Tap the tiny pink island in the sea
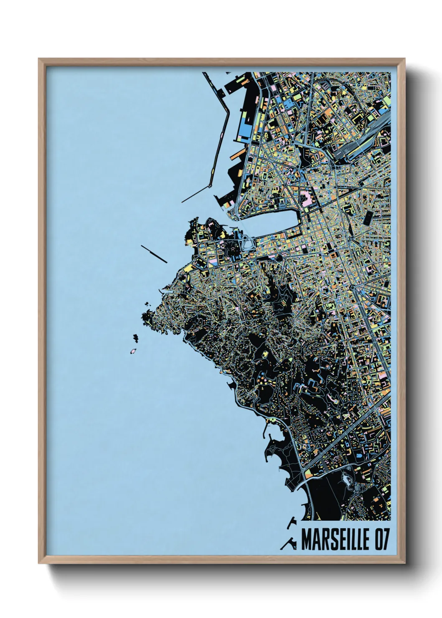tap(133, 351)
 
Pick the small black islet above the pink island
tap(136, 337)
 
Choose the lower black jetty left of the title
tap(288, 543)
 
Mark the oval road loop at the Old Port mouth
tap(248, 242)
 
